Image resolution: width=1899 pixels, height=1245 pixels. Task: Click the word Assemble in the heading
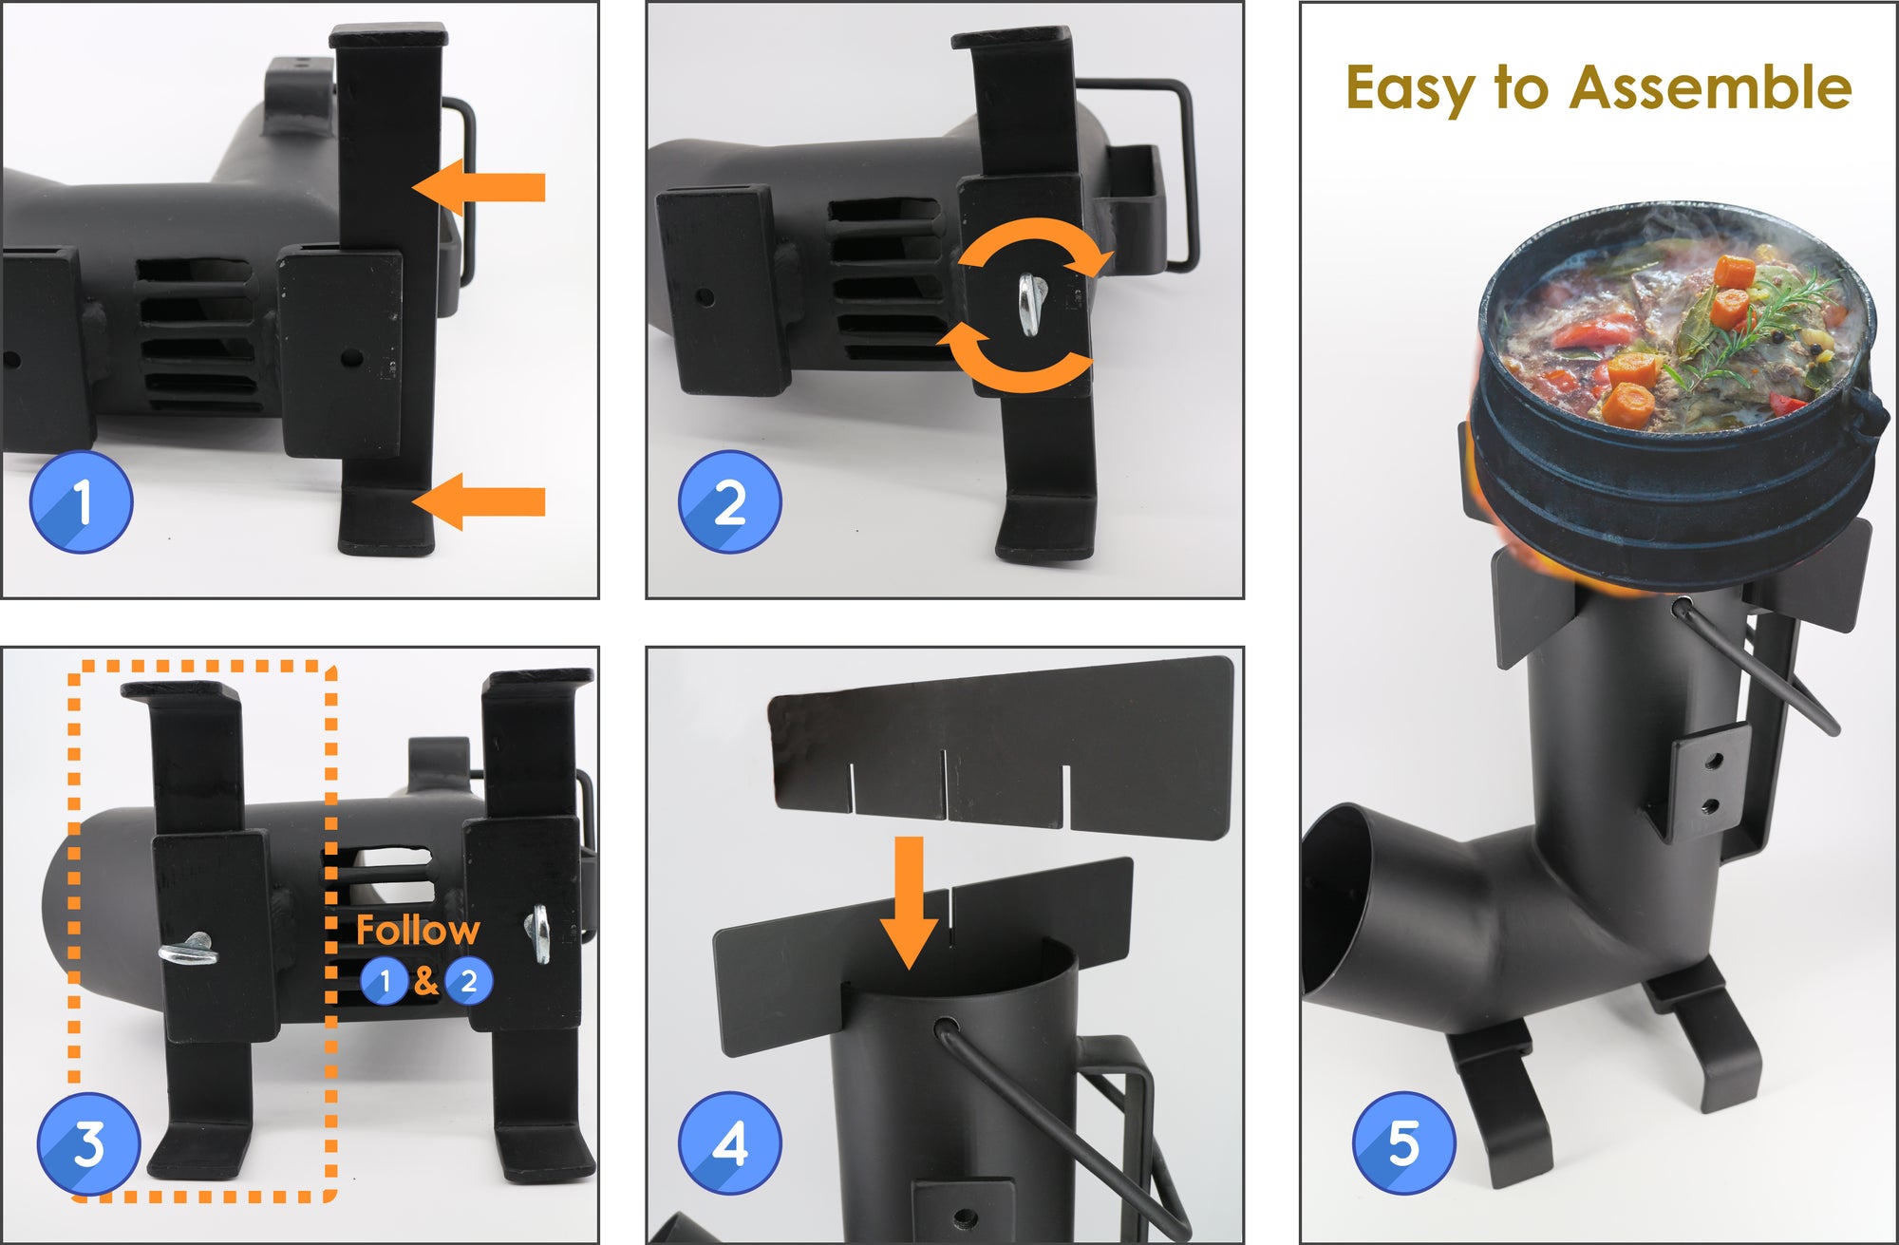tap(1709, 87)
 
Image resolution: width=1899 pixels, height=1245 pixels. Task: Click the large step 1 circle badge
tap(82, 501)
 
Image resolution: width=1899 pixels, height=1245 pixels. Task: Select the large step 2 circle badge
tap(729, 501)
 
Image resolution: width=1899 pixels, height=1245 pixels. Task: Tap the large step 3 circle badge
tap(88, 1143)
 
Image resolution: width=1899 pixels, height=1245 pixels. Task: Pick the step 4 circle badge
tap(729, 1143)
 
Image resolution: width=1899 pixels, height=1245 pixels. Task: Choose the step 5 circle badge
tap(1403, 1141)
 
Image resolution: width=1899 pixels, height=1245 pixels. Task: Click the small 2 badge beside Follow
tap(468, 981)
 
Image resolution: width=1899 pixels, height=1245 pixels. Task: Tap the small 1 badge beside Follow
tap(385, 981)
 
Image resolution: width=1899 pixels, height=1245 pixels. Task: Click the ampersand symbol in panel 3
tap(426, 981)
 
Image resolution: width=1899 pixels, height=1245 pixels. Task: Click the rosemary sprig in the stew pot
tap(1757, 323)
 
